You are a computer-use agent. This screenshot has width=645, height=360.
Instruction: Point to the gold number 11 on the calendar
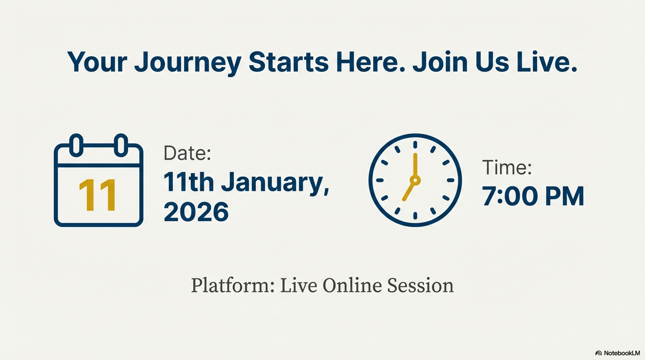coord(97,195)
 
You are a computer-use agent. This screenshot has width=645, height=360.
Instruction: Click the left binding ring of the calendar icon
coord(76,145)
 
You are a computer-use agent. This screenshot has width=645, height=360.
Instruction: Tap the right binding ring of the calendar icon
coord(121,145)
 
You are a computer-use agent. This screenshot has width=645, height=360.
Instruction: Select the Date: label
coord(187,153)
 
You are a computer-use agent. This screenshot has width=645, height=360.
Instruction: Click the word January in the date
coord(275,183)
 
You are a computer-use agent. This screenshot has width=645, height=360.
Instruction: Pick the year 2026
coord(196,212)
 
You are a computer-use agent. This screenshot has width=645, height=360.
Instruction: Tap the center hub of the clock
coord(415,180)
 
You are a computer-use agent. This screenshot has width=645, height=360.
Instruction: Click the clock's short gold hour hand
coord(409,190)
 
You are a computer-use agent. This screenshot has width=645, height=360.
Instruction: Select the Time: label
coord(507,167)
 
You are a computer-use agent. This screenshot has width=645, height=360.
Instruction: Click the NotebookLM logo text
coord(621,353)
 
